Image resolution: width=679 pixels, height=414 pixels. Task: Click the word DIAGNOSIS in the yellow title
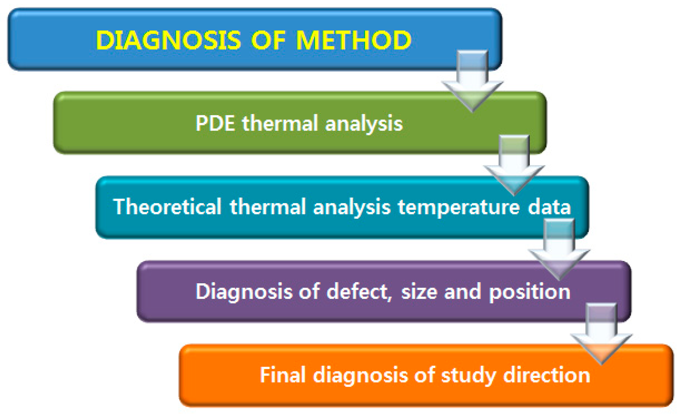168,40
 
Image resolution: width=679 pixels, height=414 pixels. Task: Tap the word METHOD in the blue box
354,40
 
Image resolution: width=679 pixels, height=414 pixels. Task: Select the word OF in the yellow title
268,40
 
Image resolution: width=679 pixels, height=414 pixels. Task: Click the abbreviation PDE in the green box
215,123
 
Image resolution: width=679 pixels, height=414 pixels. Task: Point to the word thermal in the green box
280,123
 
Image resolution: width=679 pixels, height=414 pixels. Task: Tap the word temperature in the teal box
459,208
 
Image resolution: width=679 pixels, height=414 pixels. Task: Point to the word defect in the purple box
359,292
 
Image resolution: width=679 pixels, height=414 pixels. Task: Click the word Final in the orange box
283,375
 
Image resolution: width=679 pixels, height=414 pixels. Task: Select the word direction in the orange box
547,375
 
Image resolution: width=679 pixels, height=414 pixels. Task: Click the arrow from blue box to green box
472,81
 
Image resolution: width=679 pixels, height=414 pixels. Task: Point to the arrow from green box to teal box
514,166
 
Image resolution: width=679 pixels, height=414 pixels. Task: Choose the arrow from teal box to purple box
559,250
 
